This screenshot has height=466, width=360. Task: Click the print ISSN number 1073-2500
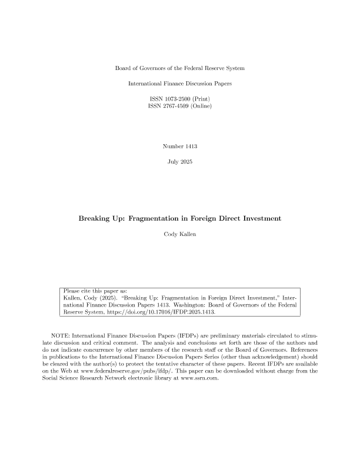(175, 98)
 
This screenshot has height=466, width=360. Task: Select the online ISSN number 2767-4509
(175, 106)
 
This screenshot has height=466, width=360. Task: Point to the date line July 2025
(180, 161)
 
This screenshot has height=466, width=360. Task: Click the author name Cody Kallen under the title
(180, 235)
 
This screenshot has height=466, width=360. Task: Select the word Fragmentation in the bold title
(166, 219)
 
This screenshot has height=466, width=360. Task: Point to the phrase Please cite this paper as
(94, 291)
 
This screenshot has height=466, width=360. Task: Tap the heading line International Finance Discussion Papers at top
(180, 84)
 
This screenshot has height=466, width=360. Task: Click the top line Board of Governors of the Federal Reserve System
(180, 69)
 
